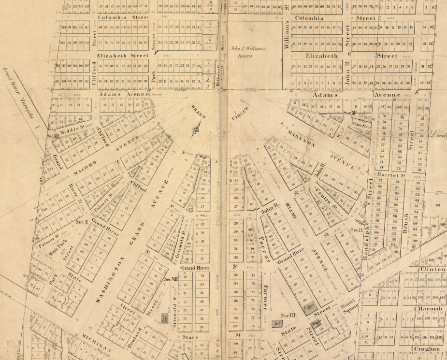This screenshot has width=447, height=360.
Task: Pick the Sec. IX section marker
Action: click(357, 230)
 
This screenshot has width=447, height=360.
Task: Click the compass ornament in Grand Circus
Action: click(196, 129)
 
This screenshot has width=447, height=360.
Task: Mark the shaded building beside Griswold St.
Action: click(165, 318)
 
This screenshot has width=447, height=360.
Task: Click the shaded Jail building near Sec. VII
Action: click(277, 323)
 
